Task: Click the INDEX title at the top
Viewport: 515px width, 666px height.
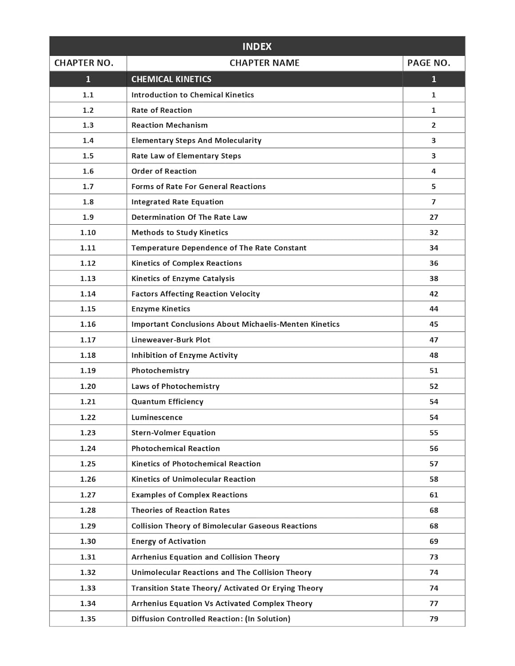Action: click(257, 46)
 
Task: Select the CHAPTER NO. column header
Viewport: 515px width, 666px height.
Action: click(84, 63)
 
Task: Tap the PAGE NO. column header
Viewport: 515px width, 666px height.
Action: click(428, 63)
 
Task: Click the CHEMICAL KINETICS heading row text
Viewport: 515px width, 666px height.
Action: click(171, 79)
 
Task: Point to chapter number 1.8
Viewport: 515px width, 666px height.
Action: click(88, 202)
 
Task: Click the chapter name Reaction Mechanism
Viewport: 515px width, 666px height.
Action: click(169, 125)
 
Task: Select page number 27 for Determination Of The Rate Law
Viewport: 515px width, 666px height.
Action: click(434, 217)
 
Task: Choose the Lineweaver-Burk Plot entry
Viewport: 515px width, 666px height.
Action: click(171, 340)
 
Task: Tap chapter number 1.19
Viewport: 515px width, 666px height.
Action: click(88, 371)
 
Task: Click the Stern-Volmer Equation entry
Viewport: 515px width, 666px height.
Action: click(173, 433)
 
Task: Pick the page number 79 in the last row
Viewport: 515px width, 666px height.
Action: click(434, 618)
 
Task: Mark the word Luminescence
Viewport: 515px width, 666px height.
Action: click(157, 417)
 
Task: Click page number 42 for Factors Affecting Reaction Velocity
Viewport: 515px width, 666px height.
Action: click(434, 294)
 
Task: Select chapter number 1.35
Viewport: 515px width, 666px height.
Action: click(88, 618)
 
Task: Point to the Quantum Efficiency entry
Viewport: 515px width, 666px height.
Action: click(167, 402)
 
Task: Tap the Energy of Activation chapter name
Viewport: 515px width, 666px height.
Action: click(168, 541)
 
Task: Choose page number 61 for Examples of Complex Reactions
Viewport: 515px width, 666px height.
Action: click(434, 495)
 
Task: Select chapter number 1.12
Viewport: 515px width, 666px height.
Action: click(88, 263)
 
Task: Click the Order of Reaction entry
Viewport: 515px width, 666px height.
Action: click(164, 171)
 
